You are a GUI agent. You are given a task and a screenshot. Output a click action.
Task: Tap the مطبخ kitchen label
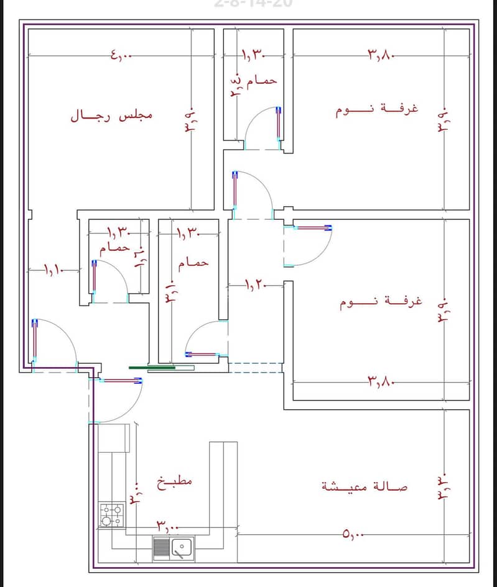point(175,483)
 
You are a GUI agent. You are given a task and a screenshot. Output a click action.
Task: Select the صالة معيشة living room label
point(365,486)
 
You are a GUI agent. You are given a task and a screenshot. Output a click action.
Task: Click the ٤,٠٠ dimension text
point(122,56)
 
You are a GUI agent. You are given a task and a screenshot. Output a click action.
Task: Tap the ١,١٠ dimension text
point(54,270)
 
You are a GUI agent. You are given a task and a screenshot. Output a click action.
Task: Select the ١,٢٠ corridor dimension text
point(255,285)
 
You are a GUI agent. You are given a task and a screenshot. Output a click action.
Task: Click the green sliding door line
point(152,368)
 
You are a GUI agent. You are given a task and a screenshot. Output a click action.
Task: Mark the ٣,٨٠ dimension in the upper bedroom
point(381,55)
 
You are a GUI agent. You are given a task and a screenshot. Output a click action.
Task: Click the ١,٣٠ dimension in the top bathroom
point(254,56)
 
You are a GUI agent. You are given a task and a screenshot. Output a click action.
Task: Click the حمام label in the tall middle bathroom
point(193,263)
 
